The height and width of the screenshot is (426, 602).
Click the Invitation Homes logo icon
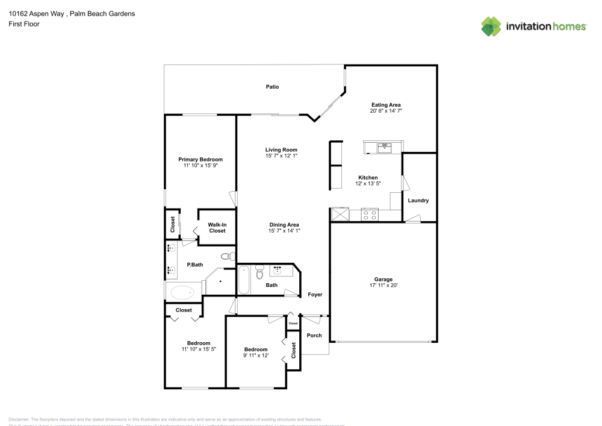click(491, 26)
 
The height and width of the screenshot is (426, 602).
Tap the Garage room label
click(383, 280)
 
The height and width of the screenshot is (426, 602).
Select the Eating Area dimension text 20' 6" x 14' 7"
click(386, 111)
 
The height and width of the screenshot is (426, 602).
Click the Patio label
click(273, 87)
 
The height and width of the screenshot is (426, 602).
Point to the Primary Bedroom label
click(200, 159)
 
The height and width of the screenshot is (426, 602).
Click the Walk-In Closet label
click(217, 228)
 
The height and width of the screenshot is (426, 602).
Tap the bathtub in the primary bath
click(182, 293)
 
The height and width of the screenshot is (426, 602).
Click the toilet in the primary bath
click(226, 257)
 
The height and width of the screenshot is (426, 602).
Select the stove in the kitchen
click(369, 214)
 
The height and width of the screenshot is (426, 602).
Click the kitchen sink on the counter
click(383, 146)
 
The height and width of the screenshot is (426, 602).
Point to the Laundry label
click(418, 201)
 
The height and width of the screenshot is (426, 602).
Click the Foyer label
click(315, 295)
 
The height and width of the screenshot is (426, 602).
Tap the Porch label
click(314, 335)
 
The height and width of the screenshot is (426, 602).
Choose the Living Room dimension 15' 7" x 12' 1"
click(282, 155)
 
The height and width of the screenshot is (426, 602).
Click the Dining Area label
click(284, 225)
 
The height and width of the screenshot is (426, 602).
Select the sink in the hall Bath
click(278, 270)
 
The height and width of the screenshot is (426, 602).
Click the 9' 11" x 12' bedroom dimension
click(256, 355)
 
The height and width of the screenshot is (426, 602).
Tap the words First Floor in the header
click(24, 24)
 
